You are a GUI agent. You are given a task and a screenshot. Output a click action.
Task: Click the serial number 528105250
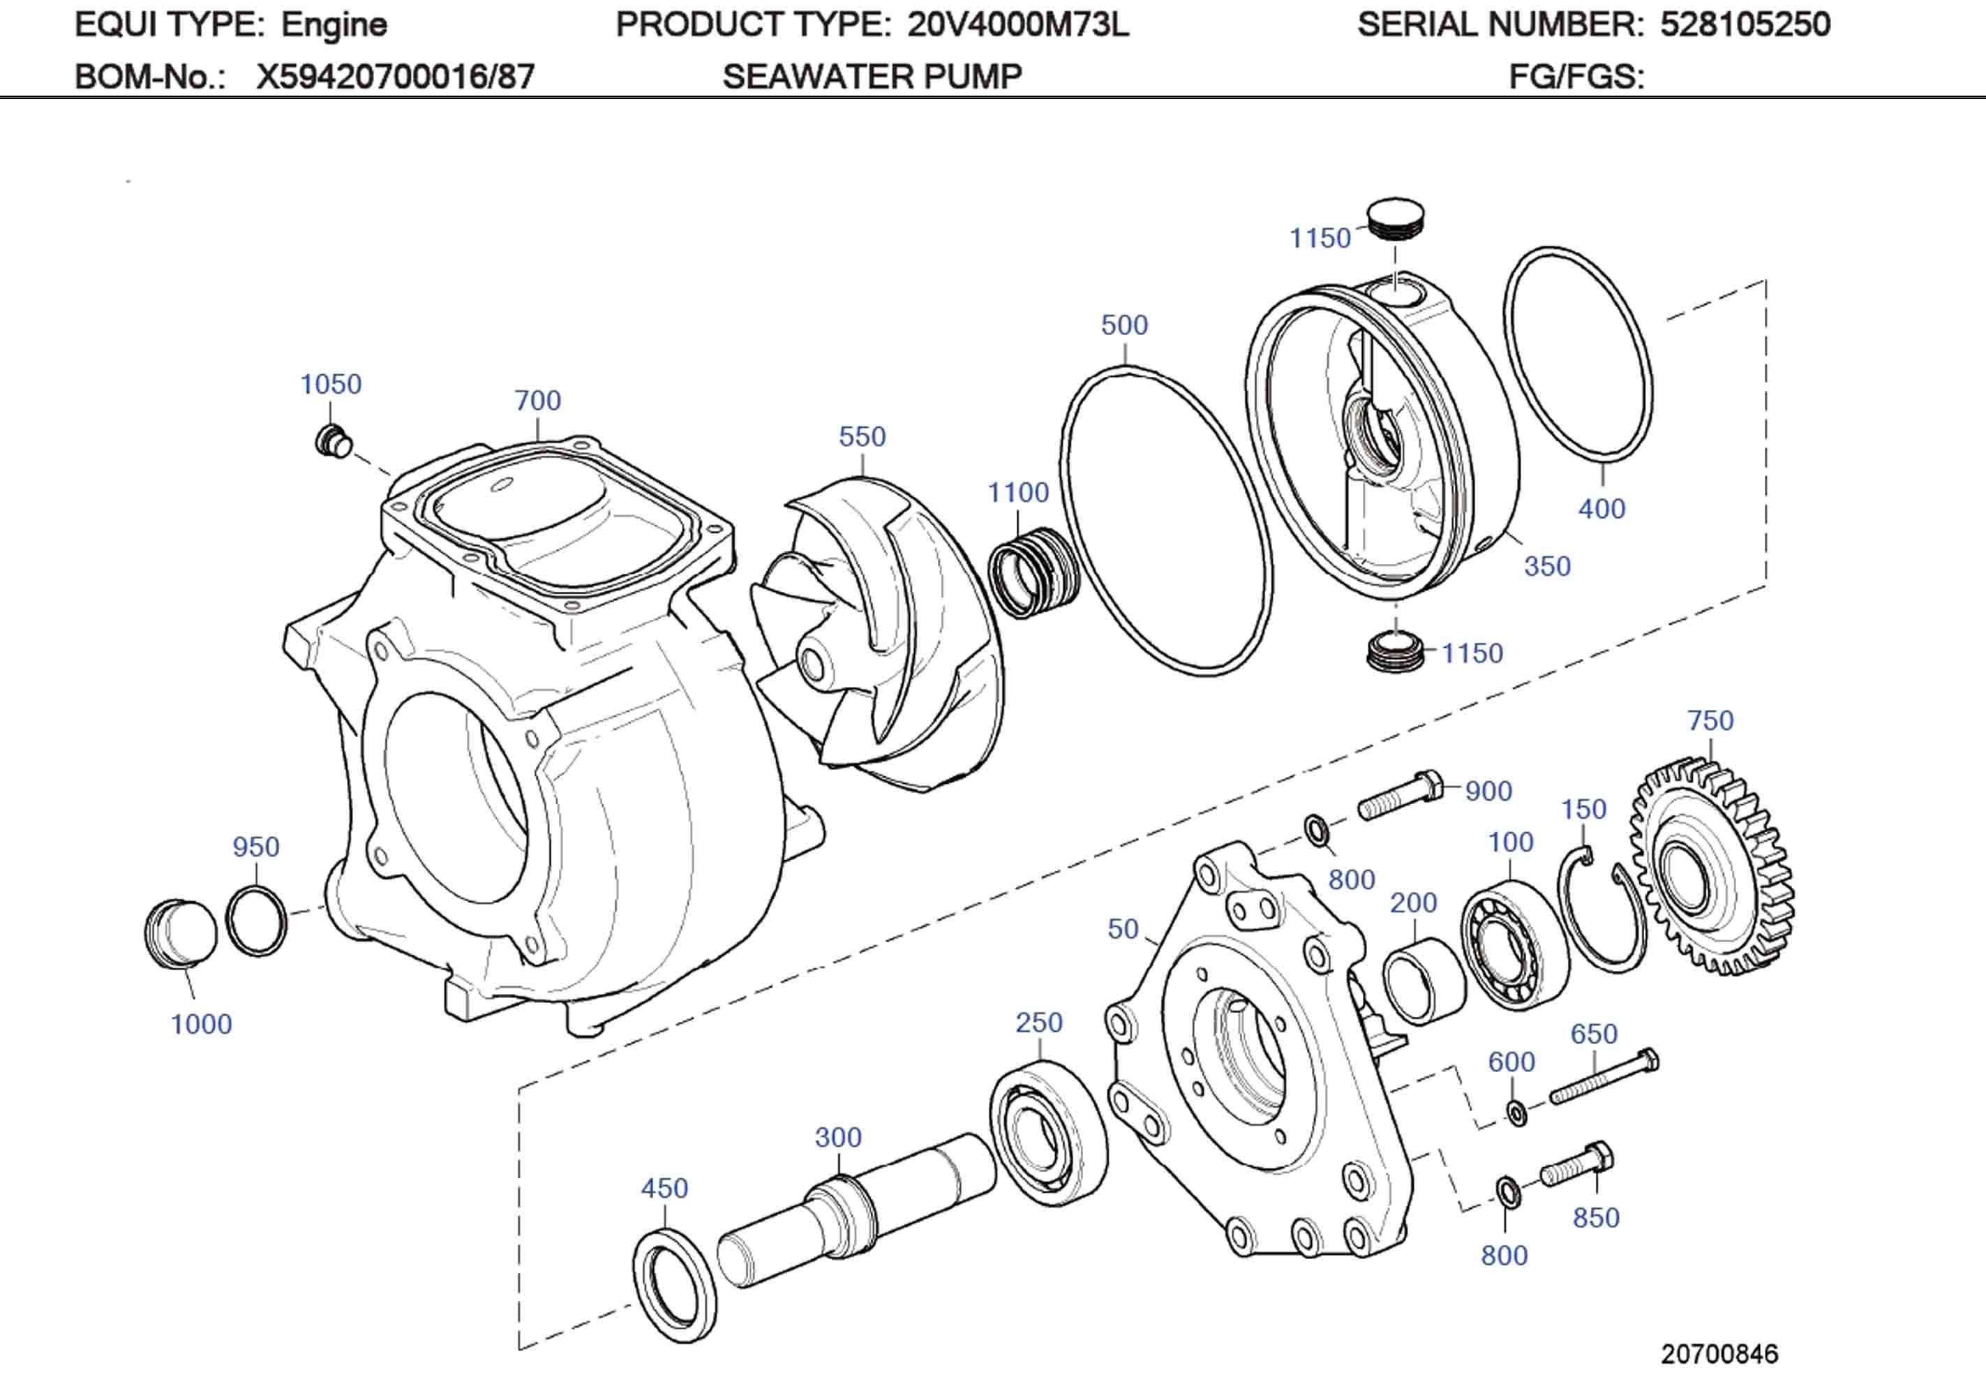pos(1745,24)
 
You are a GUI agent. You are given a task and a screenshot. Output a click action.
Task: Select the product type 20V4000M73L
pos(1018,24)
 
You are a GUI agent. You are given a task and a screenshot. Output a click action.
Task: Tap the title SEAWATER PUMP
pos(872,77)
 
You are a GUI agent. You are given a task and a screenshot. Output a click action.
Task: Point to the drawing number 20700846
pos(1719,1354)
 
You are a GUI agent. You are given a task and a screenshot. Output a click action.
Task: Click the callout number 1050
pos(331,385)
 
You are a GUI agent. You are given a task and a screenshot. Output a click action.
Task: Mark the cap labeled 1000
pos(180,934)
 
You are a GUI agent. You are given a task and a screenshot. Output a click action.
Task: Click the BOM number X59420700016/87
pos(395,77)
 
